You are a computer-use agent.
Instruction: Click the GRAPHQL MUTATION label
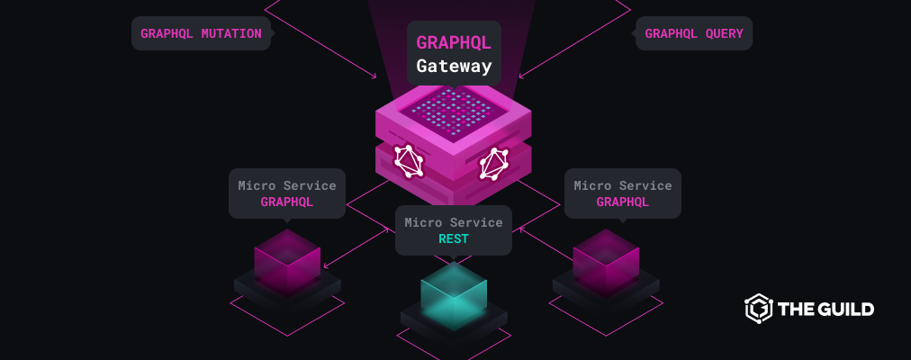[x=201, y=34]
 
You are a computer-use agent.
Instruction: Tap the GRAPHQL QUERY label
[x=693, y=34]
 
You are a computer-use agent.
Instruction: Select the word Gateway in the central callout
[x=454, y=66]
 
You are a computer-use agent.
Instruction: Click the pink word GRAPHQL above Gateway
[x=454, y=41]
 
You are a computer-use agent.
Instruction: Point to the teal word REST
[x=453, y=239]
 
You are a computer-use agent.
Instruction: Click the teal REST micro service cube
[x=454, y=292]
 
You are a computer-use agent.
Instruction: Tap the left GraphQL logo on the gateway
[x=409, y=160]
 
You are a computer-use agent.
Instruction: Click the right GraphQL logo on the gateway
[x=494, y=162]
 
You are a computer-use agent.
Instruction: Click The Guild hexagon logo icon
[x=758, y=309]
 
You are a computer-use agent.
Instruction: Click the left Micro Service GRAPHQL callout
[x=287, y=193]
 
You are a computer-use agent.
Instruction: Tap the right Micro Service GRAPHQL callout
[x=623, y=193]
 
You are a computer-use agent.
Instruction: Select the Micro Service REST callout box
[x=453, y=230]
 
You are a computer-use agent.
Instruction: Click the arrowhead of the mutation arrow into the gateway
[x=374, y=76]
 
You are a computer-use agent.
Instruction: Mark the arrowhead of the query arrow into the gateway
[x=521, y=76]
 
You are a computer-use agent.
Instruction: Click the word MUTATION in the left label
[x=232, y=34]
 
